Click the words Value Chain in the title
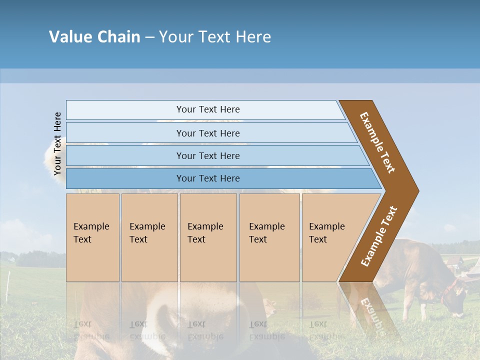(x=94, y=37)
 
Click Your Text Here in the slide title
(x=215, y=37)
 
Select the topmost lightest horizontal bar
(x=208, y=109)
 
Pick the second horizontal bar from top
(x=208, y=133)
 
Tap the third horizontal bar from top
(x=208, y=155)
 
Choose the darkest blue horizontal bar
(x=208, y=178)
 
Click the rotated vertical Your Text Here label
(x=57, y=143)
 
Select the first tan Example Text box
(x=92, y=237)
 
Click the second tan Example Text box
(x=149, y=237)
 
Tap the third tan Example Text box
(x=208, y=237)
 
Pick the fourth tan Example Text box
(x=269, y=237)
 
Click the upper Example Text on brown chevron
(x=378, y=142)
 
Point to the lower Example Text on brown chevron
(x=379, y=236)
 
